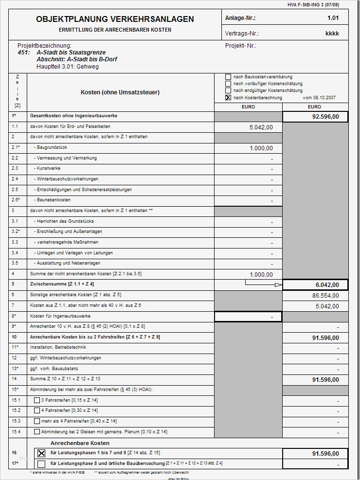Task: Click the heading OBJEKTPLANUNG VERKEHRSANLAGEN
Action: pos(115,19)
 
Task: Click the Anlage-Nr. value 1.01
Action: pos(333,18)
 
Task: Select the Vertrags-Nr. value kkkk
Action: pos(332,34)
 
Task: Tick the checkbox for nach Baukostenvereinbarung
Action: pos(228,77)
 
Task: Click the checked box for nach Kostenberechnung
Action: pos(228,97)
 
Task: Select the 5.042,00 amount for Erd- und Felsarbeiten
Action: pos(261,127)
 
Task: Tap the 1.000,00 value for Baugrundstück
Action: pos(261,148)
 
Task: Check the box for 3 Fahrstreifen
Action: pos(37,400)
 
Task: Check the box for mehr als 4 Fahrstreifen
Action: pos(37,421)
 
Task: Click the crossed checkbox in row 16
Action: pos(41,453)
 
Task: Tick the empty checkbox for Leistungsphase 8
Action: pos(41,463)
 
